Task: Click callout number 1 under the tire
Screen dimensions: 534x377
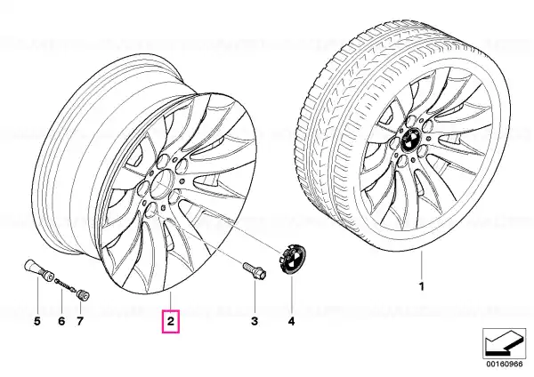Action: (x=422, y=286)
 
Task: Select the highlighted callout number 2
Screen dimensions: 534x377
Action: (x=170, y=320)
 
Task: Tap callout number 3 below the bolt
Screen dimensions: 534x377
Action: (x=255, y=321)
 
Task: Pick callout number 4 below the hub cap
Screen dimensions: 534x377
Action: (x=291, y=321)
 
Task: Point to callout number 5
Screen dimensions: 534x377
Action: (x=37, y=321)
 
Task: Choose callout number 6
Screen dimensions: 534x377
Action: (x=61, y=321)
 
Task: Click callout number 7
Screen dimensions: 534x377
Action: (x=80, y=321)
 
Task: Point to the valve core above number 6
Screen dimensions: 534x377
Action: (x=66, y=285)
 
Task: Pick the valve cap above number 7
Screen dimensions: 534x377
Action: (x=83, y=294)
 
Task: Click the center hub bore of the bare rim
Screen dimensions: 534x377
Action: (x=163, y=183)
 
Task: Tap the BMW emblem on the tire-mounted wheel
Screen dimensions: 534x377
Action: (x=410, y=140)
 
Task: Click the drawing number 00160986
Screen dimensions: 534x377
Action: (x=504, y=364)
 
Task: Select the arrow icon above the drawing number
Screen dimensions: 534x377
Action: (x=504, y=343)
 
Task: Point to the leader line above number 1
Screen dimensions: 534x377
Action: (x=422, y=265)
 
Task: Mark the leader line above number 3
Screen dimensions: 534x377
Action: (x=255, y=297)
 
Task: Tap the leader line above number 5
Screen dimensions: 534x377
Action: (x=37, y=295)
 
